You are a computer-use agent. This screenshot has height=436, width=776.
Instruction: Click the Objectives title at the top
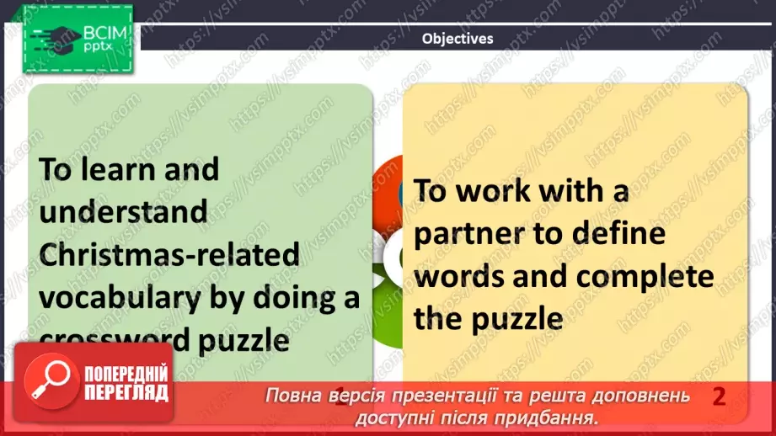[x=458, y=38]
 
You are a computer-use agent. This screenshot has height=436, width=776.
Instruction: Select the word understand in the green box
[x=122, y=211]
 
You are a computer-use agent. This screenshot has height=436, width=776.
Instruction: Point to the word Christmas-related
[x=169, y=253]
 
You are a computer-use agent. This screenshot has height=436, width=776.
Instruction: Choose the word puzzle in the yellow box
[x=522, y=319]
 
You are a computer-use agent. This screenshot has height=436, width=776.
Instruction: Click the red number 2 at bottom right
[x=719, y=396]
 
